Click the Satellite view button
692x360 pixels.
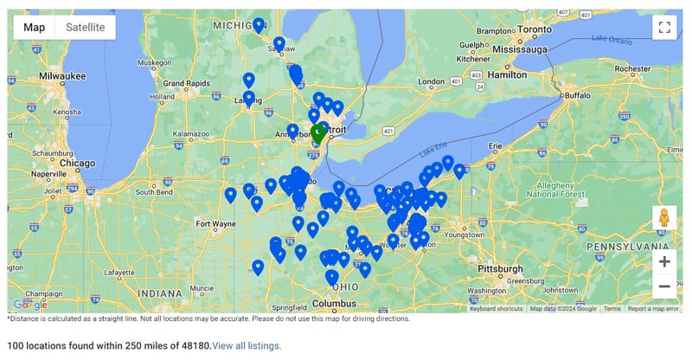pos(86,27)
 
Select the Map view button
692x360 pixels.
pos(35,27)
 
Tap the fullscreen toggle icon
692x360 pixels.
pos(664,27)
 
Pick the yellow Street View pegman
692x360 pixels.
pos(664,217)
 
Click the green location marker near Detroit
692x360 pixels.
pos(318,133)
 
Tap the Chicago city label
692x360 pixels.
pos(78,163)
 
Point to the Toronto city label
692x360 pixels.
pos(534,29)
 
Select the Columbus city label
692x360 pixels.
pos(334,304)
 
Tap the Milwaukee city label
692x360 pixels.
pos(61,76)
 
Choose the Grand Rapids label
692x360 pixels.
pos(183,83)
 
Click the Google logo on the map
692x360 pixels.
pos(30,305)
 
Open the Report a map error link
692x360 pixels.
pos(653,309)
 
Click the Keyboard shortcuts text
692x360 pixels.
pos(497,309)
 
